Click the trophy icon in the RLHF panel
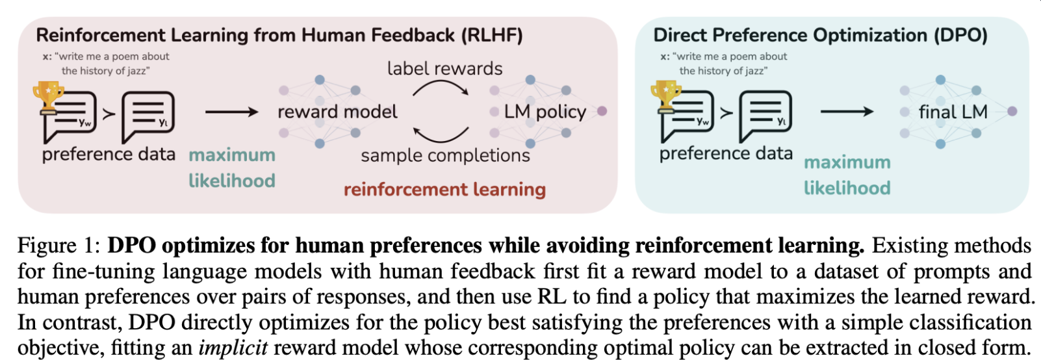point(48,97)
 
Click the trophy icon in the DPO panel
point(665,97)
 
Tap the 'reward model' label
point(337,112)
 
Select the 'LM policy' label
point(545,112)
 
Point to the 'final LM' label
point(953,112)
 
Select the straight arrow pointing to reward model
point(231,112)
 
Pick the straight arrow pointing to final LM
point(847,112)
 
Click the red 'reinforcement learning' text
point(444,190)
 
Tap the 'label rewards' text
point(444,69)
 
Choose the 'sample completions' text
point(445,155)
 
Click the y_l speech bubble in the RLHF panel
point(148,117)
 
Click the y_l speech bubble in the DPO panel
point(765,117)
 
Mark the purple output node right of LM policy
point(602,112)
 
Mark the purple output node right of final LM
point(1012,112)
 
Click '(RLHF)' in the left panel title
point(492,36)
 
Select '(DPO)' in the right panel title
point(959,36)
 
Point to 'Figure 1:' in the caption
point(59,245)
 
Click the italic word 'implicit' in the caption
point(233,348)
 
